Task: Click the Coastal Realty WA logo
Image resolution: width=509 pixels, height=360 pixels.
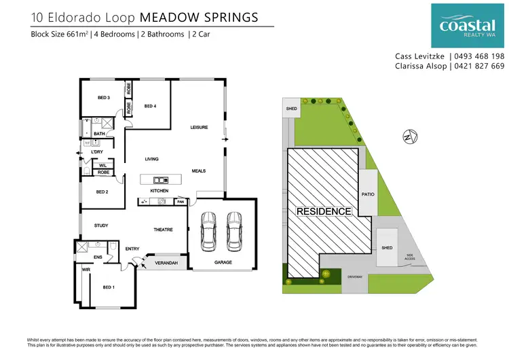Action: (x=468, y=25)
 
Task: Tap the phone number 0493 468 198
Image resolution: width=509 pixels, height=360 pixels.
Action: (x=479, y=56)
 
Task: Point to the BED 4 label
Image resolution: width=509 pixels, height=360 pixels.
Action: (x=150, y=106)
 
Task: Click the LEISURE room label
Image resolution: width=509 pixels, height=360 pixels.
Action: (x=198, y=127)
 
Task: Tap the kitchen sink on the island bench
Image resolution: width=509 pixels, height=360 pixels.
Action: (x=161, y=180)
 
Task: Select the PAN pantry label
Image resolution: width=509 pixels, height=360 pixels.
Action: (x=181, y=202)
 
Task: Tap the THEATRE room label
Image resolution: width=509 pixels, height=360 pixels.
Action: (x=163, y=230)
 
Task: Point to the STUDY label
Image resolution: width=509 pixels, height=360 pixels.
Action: (x=101, y=226)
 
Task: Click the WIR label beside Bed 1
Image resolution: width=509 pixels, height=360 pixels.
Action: (x=86, y=270)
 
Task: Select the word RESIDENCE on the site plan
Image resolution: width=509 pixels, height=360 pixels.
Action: (x=324, y=211)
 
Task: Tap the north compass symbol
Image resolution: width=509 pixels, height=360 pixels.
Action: (x=407, y=136)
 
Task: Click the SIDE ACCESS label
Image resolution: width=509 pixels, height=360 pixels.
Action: (x=410, y=257)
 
